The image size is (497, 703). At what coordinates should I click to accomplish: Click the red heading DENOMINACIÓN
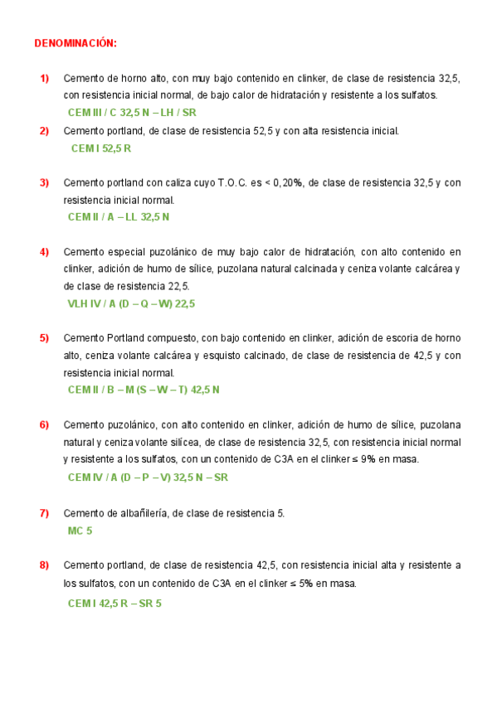76,42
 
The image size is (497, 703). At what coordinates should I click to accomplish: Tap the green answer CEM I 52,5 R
101,148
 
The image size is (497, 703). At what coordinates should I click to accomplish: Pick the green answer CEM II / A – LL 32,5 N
118,217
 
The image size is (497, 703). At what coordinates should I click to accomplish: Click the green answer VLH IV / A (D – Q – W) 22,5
131,303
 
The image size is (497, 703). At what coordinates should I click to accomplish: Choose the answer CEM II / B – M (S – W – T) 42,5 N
144,390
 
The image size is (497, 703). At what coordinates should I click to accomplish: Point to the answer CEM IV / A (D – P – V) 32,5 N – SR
148,477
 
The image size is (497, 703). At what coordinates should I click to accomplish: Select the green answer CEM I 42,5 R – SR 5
115,603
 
